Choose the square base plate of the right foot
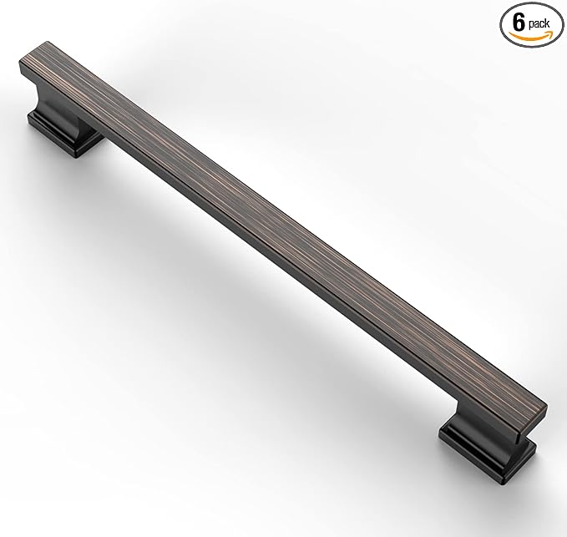pos(468,447)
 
